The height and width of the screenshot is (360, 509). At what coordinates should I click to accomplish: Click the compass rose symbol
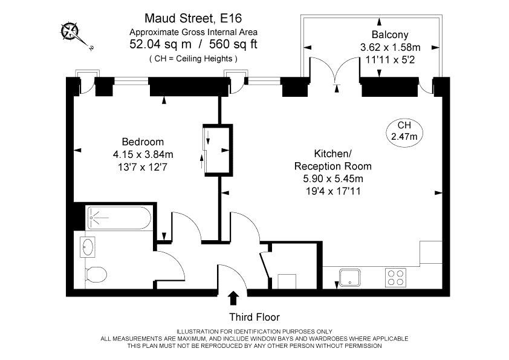(70, 31)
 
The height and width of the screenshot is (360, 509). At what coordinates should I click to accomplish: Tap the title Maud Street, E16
(193, 18)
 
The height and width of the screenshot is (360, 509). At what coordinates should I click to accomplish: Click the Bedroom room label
(143, 142)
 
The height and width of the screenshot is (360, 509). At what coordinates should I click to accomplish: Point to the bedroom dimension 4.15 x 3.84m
(143, 154)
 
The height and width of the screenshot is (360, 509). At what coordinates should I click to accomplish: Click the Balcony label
(390, 34)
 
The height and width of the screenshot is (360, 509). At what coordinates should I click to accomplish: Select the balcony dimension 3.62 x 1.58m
(390, 47)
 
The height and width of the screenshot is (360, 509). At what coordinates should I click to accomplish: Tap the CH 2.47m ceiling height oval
(404, 131)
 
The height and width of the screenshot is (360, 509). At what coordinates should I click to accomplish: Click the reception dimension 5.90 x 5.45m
(333, 178)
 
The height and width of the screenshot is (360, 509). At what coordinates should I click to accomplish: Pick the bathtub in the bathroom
(120, 218)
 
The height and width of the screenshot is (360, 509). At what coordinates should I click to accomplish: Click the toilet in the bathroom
(96, 275)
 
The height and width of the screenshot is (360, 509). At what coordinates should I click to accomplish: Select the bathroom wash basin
(87, 247)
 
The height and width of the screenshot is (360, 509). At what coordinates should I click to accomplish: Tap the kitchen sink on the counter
(349, 278)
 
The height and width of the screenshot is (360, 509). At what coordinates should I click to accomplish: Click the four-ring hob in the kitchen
(396, 278)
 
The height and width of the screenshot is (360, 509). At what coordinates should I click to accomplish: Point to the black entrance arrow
(233, 298)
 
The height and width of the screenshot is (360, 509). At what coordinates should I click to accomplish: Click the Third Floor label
(254, 317)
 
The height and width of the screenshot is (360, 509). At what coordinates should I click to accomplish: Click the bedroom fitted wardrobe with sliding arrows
(218, 150)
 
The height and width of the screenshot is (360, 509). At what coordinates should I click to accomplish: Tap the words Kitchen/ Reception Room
(333, 160)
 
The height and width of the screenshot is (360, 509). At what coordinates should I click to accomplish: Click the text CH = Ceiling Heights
(193, 59)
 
